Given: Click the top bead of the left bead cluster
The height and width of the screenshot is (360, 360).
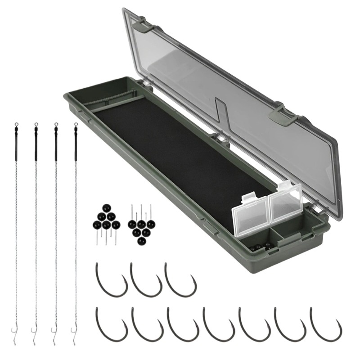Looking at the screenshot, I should [106, 208].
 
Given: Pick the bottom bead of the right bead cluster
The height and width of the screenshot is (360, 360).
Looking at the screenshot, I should [141, 241].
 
